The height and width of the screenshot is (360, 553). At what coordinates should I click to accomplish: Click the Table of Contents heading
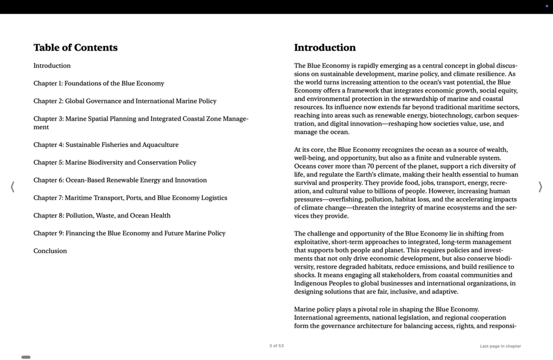[x=75, y=48]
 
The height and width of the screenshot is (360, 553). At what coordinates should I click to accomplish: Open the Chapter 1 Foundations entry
[x=98, y=84]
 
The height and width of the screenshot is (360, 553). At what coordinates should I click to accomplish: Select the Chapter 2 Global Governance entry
[x=124, y=101]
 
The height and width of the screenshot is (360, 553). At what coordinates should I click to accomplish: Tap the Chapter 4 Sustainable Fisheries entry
[x=106, y=145]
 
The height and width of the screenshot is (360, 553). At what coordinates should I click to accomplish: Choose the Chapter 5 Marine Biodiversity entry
[x=114, y=162]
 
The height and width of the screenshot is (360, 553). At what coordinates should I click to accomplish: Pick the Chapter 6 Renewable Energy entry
[x=120, y=180]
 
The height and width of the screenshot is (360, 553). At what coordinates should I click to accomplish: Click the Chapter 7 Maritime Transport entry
[x=130, y=198]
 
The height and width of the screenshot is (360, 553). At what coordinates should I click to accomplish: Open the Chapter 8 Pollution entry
[x=102, y=215]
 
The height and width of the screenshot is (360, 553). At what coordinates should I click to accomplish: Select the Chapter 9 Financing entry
[x=129, y=233]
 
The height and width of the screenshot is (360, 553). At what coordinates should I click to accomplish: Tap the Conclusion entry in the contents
[x=50, y=251]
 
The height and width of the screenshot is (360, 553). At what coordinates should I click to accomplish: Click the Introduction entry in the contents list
[x=52, y=66]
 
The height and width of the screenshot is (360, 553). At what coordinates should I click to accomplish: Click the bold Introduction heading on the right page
[x=325, y=48]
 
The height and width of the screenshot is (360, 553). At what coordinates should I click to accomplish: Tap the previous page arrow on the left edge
[x=13, y=187]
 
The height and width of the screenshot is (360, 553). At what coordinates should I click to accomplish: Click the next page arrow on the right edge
[x=540, y=187]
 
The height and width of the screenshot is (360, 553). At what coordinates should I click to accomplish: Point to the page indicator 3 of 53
[x=276, y=346]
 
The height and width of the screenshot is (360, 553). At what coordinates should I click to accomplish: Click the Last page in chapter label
[x=500, y=346]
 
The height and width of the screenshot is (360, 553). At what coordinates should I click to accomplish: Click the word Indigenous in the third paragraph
[x=311, y=283]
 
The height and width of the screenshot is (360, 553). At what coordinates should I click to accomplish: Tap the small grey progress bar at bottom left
[x=26, y=357]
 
